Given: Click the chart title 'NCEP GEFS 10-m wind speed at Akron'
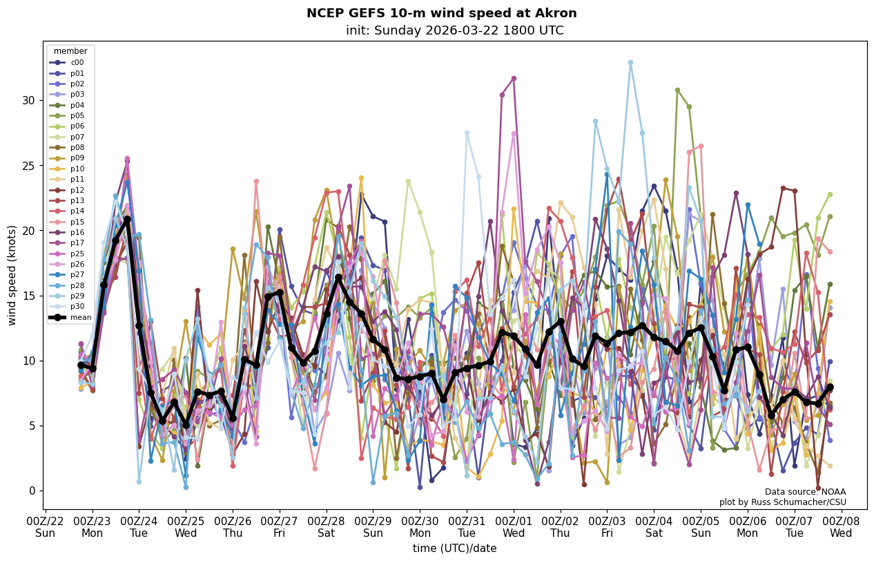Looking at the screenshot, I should (x=441, y=13).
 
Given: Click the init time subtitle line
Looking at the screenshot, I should (x=454, y=31).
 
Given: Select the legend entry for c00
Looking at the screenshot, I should (x=77, y=62).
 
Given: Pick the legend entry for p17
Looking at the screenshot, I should (x=77, y=243).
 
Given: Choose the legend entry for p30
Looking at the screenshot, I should (x=77, y=307).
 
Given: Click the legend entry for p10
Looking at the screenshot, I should (x=77, y=169).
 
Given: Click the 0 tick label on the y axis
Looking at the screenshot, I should (x=31, y=491).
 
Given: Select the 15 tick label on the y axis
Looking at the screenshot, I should (x=28, y=296).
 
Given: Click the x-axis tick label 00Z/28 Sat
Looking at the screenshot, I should (x=327, y=527).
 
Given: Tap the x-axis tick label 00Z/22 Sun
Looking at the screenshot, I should (x=45, y=527).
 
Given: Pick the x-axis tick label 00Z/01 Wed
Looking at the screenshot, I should (x=514, y=527).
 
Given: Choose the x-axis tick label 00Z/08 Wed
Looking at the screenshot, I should (x=841, y=527).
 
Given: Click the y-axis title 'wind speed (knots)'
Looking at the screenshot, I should (x=12, y=275).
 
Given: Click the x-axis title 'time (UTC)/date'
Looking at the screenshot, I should (x=454, y=549).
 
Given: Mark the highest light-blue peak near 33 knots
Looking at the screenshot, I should (x=630, y=63).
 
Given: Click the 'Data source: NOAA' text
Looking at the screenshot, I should (x=805, y=492).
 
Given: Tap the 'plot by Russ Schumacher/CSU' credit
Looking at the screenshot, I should (x=782, y=502).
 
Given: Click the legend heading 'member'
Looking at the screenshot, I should (x=70, y=51).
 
